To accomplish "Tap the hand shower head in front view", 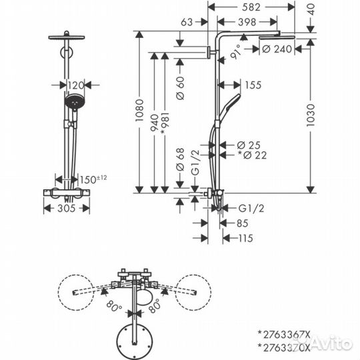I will (x=75, y=105).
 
